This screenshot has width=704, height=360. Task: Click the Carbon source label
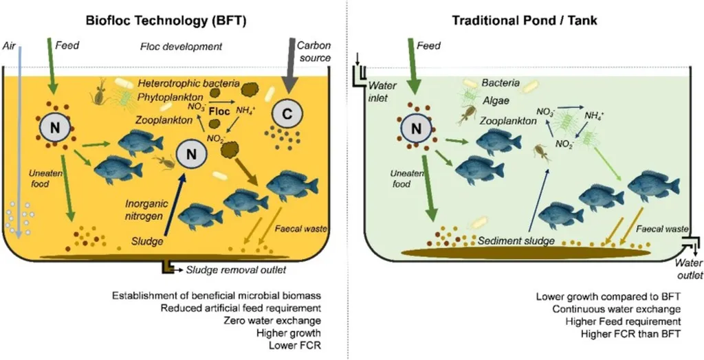pos(313,52)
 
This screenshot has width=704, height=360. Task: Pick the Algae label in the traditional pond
pos(495,98)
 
